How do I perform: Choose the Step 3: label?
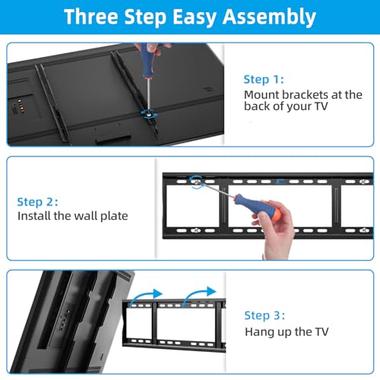pos(266,315)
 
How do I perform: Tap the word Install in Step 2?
pos(33,217)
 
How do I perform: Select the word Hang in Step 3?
pos(258,331)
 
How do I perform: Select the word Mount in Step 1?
pos(260,95)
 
